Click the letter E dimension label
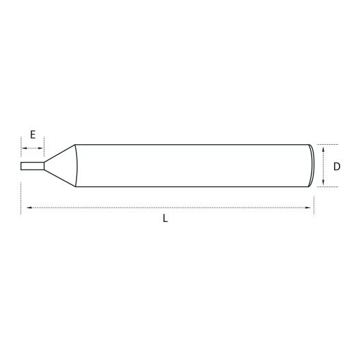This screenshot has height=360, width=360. (x=33, y=135)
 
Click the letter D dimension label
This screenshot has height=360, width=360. (x=337, y=166)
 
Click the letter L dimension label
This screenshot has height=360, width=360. (x=165, y=218)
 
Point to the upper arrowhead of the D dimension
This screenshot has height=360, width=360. (x=323, y=150)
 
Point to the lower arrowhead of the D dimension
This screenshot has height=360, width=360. (x=323, y=182)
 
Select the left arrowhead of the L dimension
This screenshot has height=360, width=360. (x=29, y=208)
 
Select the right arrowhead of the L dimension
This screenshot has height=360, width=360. (x=307, y=208)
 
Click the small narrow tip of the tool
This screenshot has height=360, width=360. (x=32, y=166)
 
